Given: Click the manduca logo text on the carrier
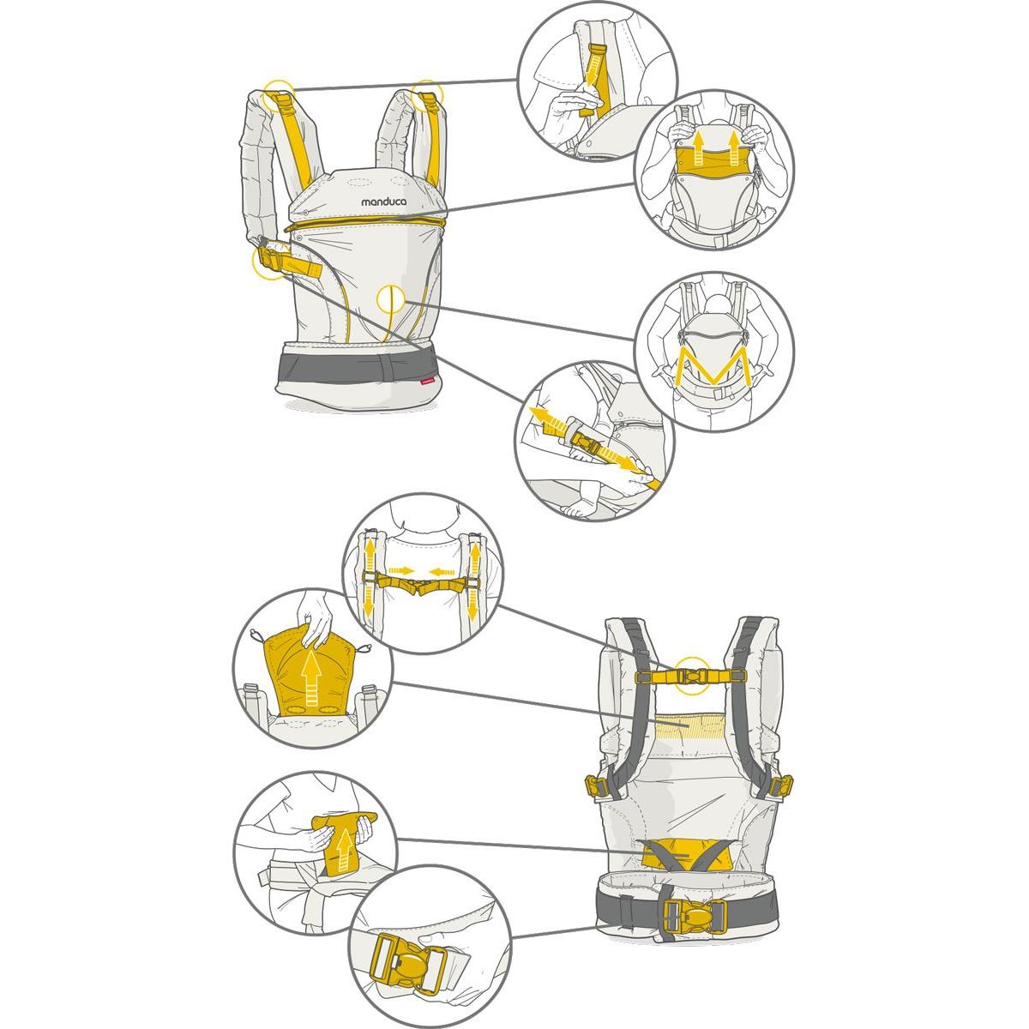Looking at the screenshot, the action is (x=383, y=202).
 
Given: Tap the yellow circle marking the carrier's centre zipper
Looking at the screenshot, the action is (x=391, y=299).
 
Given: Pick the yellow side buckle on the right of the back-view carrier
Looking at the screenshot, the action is (x=781, y=785).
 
